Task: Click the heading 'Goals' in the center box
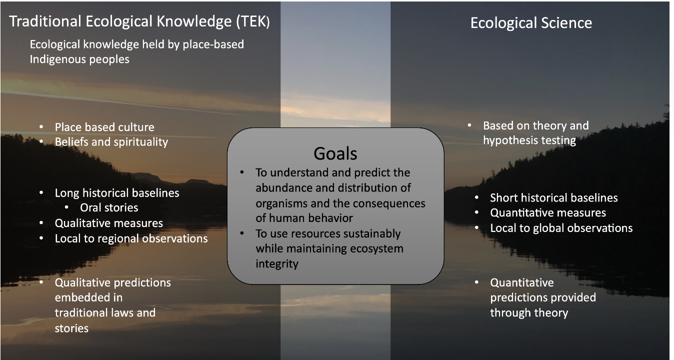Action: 335,153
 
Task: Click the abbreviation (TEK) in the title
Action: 253,21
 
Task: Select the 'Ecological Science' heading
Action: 531,23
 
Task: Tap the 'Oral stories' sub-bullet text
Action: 109,207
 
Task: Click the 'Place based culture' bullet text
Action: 104,127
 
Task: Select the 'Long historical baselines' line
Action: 116,193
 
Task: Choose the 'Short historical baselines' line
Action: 553,198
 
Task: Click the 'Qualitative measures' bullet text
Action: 108,223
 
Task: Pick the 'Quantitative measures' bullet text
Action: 548,213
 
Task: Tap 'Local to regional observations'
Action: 131,238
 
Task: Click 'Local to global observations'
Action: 561,228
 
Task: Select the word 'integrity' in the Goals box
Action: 277,264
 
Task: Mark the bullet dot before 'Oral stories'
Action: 66,207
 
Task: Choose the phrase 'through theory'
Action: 529,313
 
